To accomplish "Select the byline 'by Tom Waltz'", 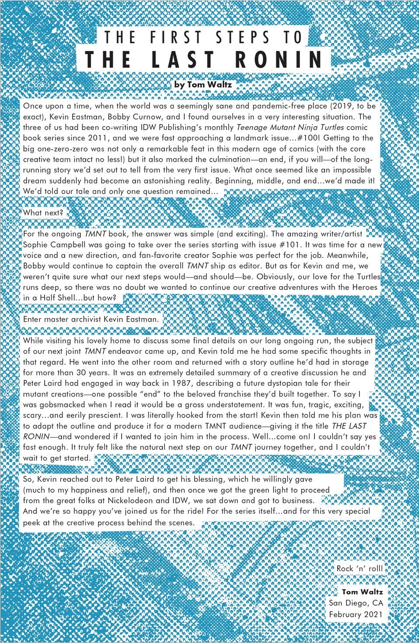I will pyautogui.click(x=203, y=85).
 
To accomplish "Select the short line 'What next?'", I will pyautogui.click(x=43, y=213).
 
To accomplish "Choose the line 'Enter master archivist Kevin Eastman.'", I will pyautogui.click(x=91, y=319).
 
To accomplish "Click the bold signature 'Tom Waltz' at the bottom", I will pyautogui.click(x=362, y=592).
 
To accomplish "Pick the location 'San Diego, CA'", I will pyautogui.click(x=356, y=603).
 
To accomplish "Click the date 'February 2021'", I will pyautogui.click(x=356, y=614).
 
